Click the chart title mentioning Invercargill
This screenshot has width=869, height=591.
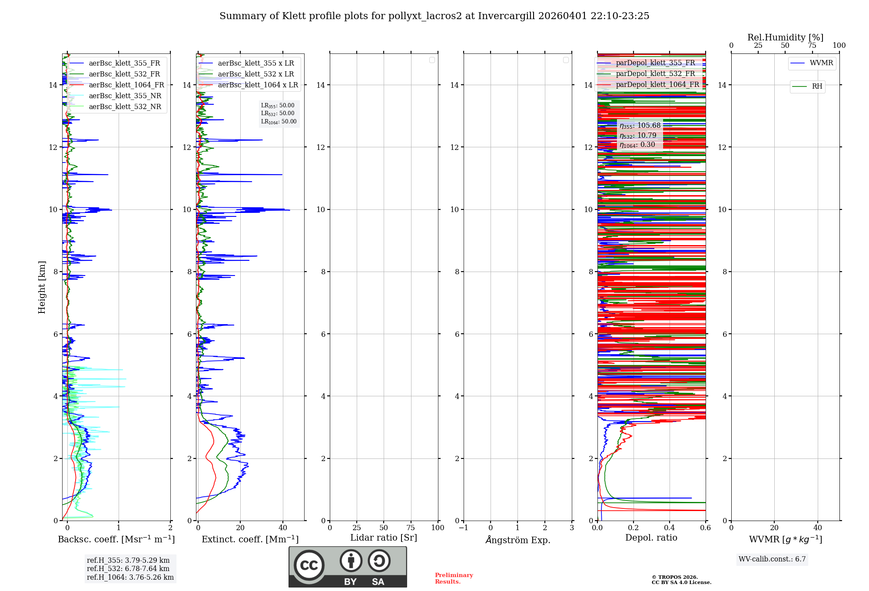[x=434, y=16]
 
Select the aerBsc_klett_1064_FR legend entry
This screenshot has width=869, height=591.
[x=126, y=85]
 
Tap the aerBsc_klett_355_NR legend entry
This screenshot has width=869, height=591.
[x=125, y=96]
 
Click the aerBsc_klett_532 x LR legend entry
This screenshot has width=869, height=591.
[x=256, y=74]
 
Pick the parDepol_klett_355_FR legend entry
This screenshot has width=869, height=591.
[x=655, y=63]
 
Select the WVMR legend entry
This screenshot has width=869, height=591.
[x=821, y=63]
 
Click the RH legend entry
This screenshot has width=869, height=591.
[x=817, y=86]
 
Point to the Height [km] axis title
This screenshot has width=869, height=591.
[x=42, y=287]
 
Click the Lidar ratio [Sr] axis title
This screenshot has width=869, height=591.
[x=384, y=538]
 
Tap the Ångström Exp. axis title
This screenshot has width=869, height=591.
[x=517, y=540]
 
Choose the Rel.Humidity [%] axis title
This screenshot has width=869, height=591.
[x=785, y=37]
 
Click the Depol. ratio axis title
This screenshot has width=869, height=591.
[x=651, y=538]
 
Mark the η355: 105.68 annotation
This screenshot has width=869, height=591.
[x=640, y=126]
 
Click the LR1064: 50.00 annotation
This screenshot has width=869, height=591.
[x=279, y=122]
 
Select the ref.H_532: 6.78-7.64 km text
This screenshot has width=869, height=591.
[x=128, y=569]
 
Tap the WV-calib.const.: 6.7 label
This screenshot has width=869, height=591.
[x=772, y=559]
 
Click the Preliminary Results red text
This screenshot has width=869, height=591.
[x=454, y=578]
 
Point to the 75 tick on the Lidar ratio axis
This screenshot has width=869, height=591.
[x=411, y=528]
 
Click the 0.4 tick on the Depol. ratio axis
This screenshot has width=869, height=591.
[x=670, y=528]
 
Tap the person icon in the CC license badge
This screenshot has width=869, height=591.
[x=351, y=561]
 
